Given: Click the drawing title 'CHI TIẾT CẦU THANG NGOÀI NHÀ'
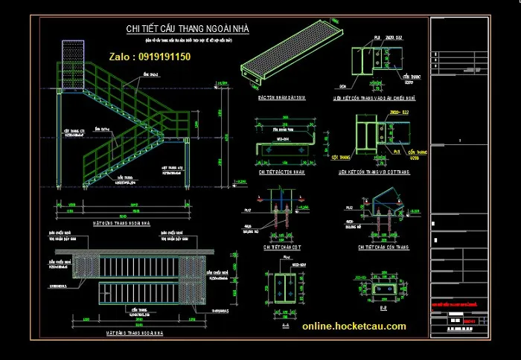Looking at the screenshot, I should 188,28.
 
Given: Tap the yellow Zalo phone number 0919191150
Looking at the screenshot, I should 149,57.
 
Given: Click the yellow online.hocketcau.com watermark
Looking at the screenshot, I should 354,326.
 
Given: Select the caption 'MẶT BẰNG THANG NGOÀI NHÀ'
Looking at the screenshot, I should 133,334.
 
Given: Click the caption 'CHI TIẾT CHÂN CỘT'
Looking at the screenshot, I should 281,246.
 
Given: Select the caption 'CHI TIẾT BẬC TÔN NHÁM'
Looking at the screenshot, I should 282,172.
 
